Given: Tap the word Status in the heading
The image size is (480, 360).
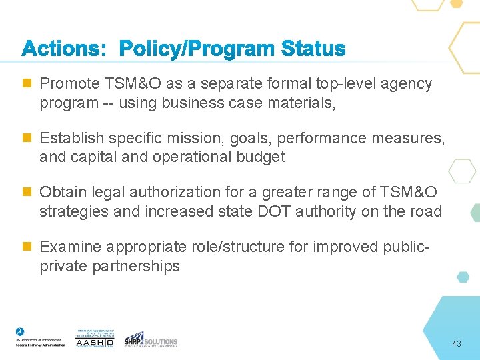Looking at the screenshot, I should pyautogui.click(x=313, y=49).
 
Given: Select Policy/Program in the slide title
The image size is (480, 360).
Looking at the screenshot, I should pyautogui.click(x=197, y=50).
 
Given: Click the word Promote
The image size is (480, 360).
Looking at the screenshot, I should pyautogui.click(x=69, y=84).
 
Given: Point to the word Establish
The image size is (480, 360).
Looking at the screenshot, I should pyautogui.click(x=70, y=139).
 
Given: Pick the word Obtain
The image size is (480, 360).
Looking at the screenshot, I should pyautogui.click(x=63, y=193).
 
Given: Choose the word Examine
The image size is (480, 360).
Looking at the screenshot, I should pyautogui.click(x=69, y=247).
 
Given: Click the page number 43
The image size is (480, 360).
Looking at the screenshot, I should pyautogui.click(x=457, y=344).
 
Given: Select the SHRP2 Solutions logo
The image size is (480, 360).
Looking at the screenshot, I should pyautogui.click(x=151, y=339).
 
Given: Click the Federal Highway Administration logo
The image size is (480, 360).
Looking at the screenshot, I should pyautogui.click(x=41, y=338).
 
